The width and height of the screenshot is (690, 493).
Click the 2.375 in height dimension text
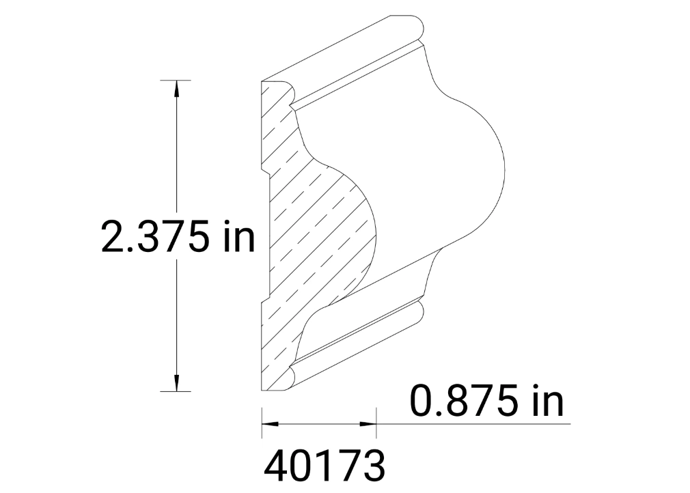(x=178, y=237)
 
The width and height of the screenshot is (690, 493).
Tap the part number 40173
(x=323, y=466)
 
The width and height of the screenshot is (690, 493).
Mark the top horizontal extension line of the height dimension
(x=175, y=81)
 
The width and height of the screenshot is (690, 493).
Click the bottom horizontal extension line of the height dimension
(x=175, y=391)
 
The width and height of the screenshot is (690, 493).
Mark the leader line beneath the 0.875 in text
(x=478, y=424)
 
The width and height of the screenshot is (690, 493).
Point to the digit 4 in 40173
(x=277, y=466)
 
